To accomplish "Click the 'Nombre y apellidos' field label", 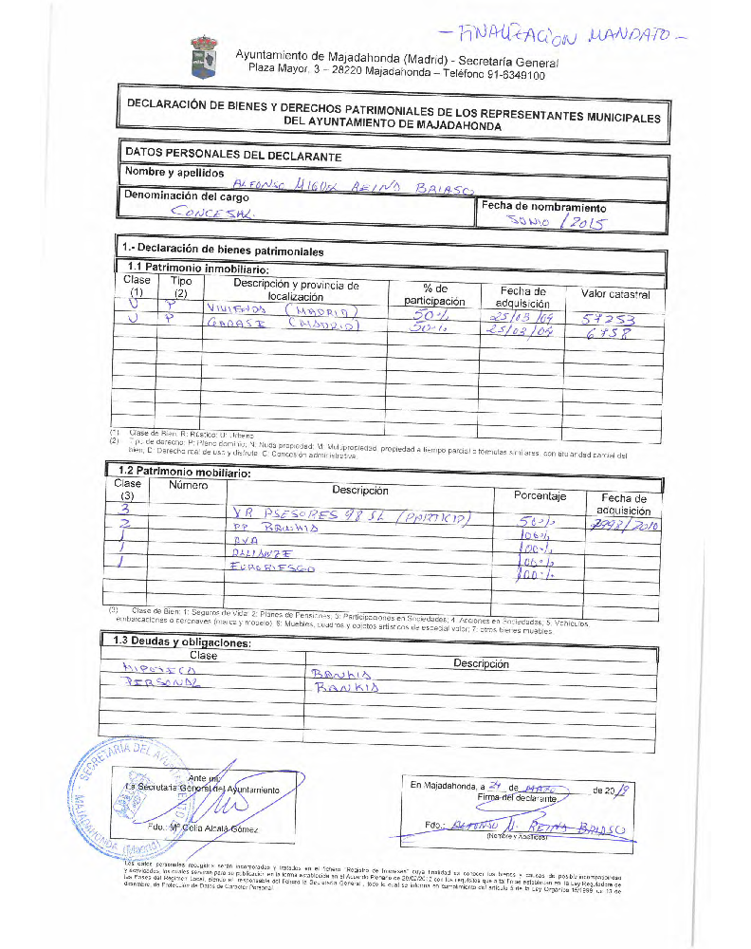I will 174,173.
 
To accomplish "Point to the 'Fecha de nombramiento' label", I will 543,207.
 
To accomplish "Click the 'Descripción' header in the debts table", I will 481,663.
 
